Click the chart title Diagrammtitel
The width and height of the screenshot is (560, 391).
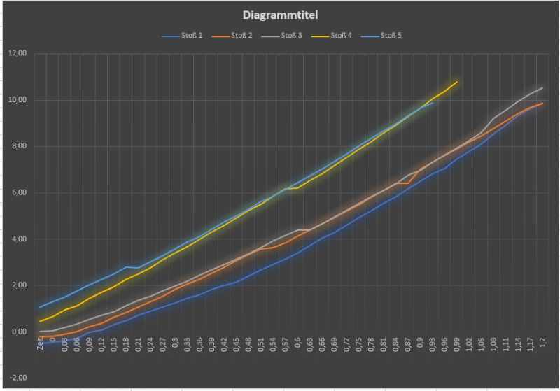pyautogui.click(x=279, y=15)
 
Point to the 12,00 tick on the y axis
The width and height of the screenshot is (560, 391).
pyautogui.click(x=16, y=53)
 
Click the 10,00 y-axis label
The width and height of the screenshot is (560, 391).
pyautogui.click(x=16, y=100)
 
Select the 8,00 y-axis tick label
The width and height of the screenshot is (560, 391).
pyautogui.click(x=17, y=146)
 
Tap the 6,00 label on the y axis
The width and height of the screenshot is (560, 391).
pyautogui.click(x=17, y=192)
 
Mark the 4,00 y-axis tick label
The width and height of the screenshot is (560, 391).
pyautogui.click(x=17, y=239)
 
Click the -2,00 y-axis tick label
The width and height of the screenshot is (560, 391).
pyautogui.click(x=16, y=378)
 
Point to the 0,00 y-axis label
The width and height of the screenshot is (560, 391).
pyautogui.click(x=17, y=332)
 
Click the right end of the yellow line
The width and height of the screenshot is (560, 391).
pyautogui.click(x=457, y=82)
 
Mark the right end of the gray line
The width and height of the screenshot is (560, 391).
pyautogui.click(x=543, y=87)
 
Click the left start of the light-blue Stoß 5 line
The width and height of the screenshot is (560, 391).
pyautogui.click(x=40, y=307)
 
